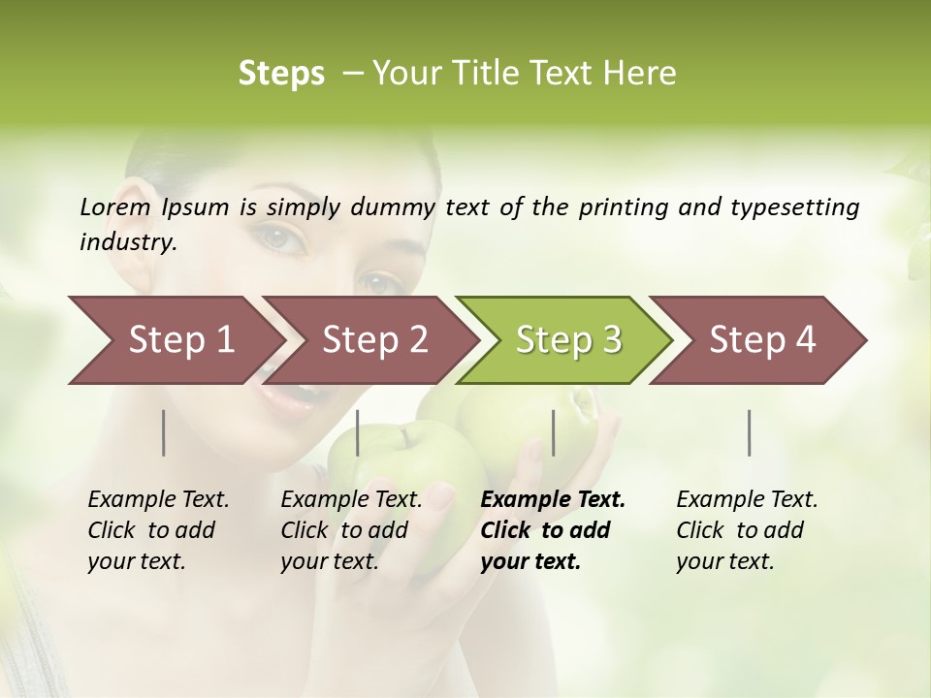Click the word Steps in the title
click(x=281, y=74)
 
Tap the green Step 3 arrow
click(x=568, y=340)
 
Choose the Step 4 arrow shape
click(x=762, y=340)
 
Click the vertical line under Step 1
click(x=164, y=432)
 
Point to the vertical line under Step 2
click(x=358, y=432)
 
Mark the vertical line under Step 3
click(x=553, y=432)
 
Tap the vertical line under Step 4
click(x=750, y=432)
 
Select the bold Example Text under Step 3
click(x=553, y=500)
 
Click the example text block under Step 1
click(x=158, y=530)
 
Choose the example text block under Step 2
click(x=351, y=530)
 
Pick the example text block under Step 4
click(x=747, y=530)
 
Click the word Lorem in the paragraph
click(x=114, y=207)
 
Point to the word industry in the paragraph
click(x=128, y=242)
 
